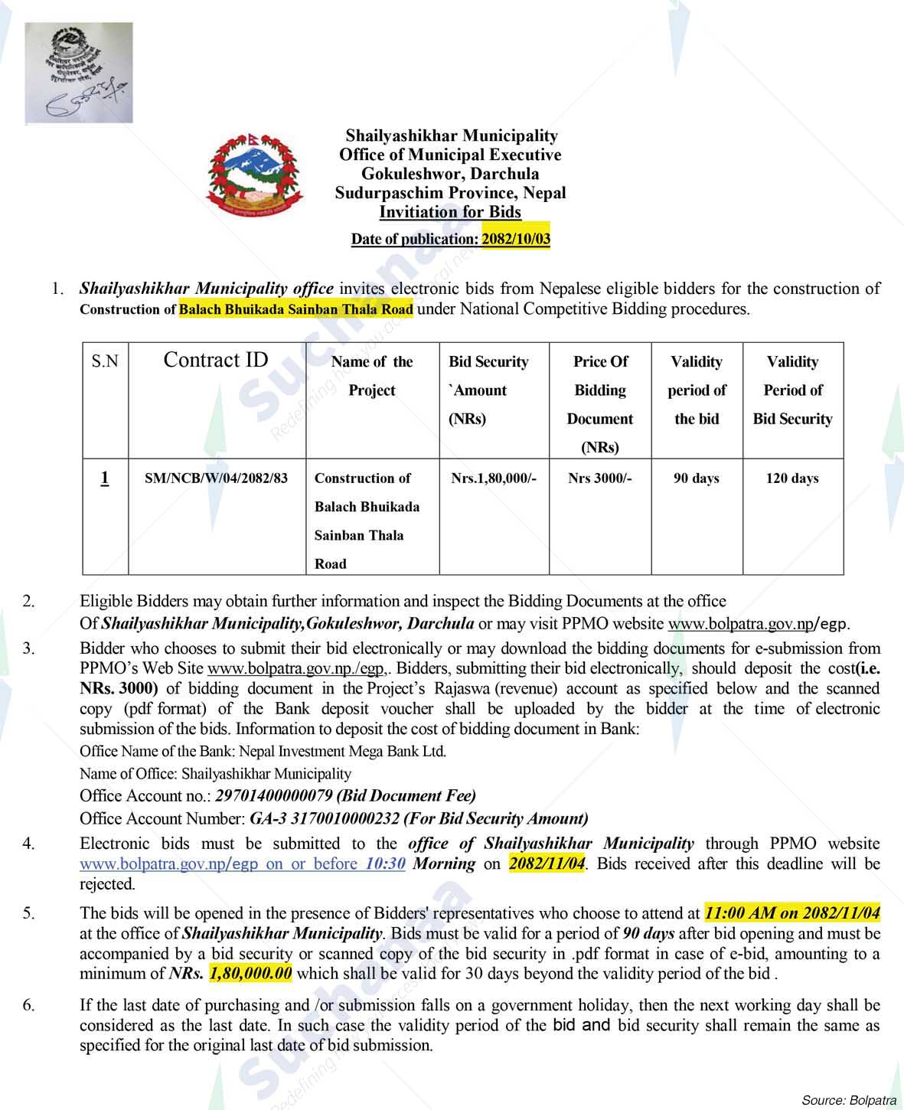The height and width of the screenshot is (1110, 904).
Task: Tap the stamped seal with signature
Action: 79,73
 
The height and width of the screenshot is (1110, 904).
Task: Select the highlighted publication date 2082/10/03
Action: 515,239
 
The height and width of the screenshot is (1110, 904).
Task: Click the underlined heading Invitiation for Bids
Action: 450,212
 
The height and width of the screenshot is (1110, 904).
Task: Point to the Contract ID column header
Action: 216,361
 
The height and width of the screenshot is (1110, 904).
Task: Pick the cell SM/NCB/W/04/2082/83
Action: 217,478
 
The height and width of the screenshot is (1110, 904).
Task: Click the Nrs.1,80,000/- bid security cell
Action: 494,478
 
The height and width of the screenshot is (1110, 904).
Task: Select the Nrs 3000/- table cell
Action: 599,478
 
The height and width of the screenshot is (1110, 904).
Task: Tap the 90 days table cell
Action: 696,478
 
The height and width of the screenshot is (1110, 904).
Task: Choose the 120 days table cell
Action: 791,478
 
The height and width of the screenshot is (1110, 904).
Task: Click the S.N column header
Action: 105,361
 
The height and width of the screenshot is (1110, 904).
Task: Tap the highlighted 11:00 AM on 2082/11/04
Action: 791,913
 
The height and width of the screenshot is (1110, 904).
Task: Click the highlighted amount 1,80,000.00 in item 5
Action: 250,974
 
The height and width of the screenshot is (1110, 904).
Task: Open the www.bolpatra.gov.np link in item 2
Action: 739,624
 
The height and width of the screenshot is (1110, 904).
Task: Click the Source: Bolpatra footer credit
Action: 848,1100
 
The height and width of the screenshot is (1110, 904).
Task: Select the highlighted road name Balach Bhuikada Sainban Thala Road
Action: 295,309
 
